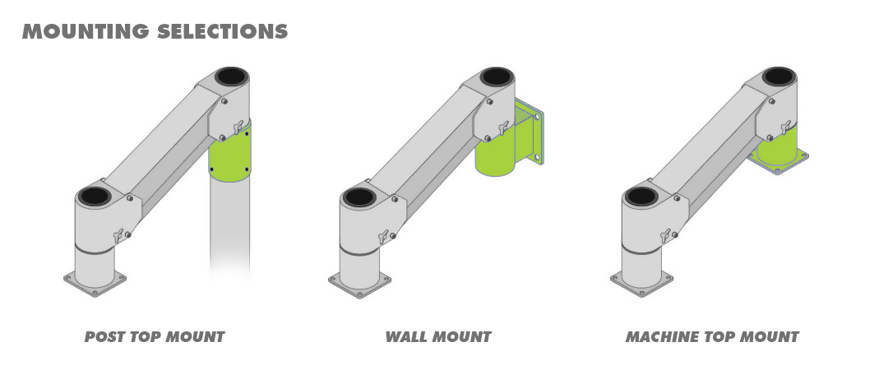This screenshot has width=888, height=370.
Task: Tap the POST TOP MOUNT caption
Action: point(155,336)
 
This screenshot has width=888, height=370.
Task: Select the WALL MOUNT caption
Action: point(437,336)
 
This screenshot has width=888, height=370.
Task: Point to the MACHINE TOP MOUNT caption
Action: point(712,336)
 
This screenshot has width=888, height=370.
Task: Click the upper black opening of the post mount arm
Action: point(231,76)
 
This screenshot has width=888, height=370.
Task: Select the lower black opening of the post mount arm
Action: point(94,197)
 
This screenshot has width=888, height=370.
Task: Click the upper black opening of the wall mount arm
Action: point(497,76)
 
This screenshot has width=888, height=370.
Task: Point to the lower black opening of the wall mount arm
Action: point(358,197)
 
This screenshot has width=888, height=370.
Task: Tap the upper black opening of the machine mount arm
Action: point(778,76)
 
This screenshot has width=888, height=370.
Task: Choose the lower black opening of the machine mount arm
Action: point(641,197)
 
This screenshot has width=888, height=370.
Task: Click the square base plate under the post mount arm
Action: point(95,284)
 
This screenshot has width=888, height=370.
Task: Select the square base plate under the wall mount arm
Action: point(359,284)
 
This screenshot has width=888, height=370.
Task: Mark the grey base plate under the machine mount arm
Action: point(641,284)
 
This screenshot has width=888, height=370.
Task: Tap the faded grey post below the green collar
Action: point(229,227)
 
